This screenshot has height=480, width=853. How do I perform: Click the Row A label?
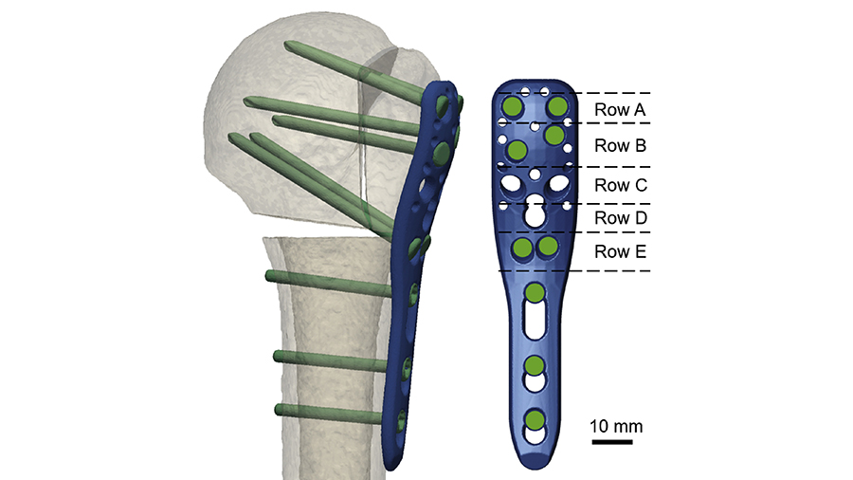coord(620,109)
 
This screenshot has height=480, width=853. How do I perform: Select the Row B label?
coord(620,146)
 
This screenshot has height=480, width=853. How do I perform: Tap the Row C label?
coord(620,186)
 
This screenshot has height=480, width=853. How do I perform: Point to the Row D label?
coord(620,218)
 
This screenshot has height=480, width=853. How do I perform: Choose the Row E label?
coord(620,252)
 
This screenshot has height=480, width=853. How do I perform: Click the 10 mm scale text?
coord(617,426)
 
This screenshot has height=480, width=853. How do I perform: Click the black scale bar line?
coord(612,441)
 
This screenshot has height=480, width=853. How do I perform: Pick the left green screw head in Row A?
coord(512,106)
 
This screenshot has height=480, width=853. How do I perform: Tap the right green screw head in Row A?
coord(556,105)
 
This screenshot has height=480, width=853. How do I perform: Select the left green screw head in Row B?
coord(517,150)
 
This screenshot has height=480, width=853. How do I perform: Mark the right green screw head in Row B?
coord(554,136)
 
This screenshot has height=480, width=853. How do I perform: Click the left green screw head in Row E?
coord(522,249)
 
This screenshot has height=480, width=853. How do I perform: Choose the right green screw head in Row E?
coord(547,248)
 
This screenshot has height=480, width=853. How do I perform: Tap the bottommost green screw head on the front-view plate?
coord(535,420)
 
